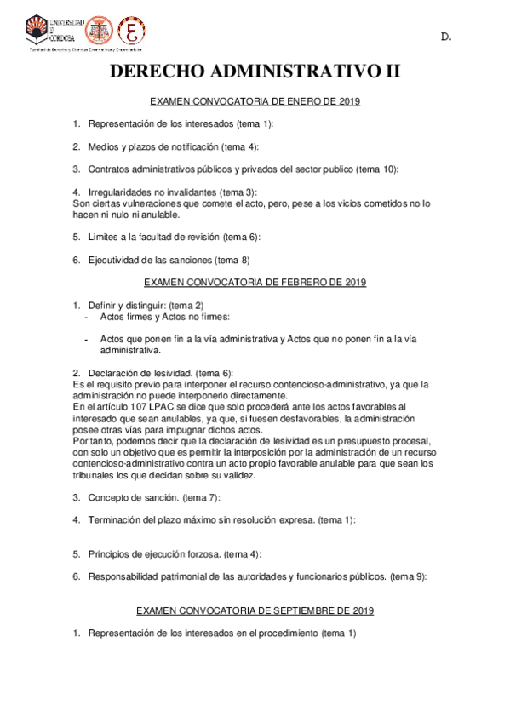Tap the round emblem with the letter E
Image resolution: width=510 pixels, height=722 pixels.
(x=130, y=31)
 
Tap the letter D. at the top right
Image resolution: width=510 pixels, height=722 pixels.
(x=445, y=37)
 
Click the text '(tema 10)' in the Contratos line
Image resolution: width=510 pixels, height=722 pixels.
(x=379, y=169)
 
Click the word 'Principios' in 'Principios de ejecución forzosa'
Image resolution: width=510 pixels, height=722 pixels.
(x=109, y=553)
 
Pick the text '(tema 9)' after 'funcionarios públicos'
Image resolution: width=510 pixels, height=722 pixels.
(x=409, y=576)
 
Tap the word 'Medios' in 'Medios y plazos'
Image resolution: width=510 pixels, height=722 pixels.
(x=103, y=146)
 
